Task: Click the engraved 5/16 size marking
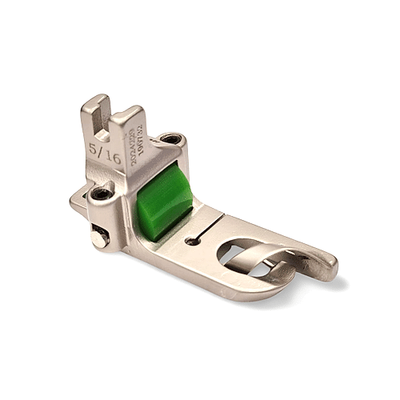point(106,154)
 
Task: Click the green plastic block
point(163,202)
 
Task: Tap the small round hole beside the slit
point(190,239)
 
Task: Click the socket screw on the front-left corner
point(102,194)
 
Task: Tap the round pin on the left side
point(98,237)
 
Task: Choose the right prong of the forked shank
point(129,120)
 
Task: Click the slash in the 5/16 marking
point(105,154)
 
